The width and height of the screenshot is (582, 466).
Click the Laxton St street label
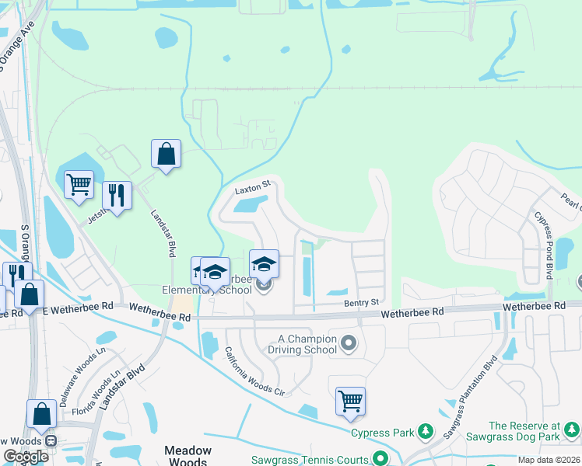(252, 187)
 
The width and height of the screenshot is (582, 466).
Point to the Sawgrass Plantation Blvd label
(469, 396)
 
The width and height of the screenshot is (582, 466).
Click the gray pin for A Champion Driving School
(348, 342)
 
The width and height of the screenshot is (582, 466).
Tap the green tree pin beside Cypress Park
(425, 431)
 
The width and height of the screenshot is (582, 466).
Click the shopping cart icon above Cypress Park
(350, 401)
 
